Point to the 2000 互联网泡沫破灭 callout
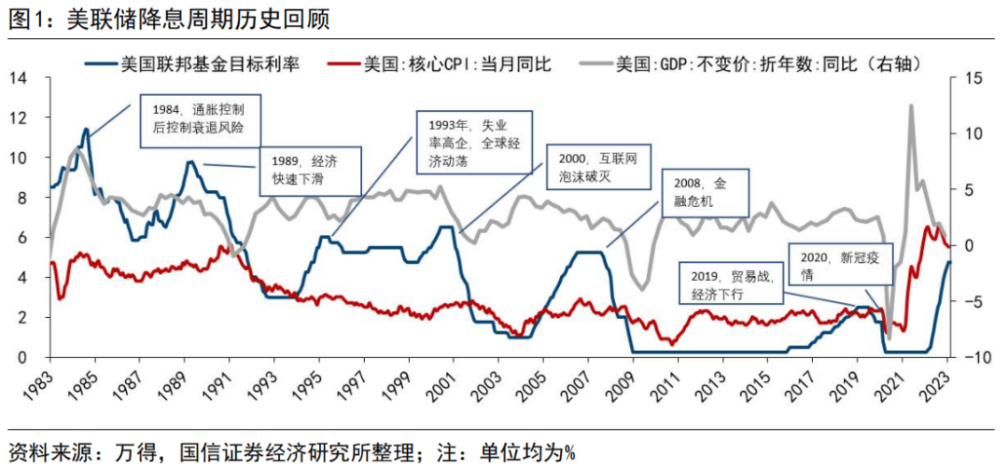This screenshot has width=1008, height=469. tap(598, 170)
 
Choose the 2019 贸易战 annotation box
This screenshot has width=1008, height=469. tap(728, 283)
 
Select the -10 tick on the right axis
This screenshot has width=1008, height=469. tap(973, 358)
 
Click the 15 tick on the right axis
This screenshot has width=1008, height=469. tap(971, 78)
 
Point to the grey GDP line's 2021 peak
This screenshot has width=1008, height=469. tap(910, 106)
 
